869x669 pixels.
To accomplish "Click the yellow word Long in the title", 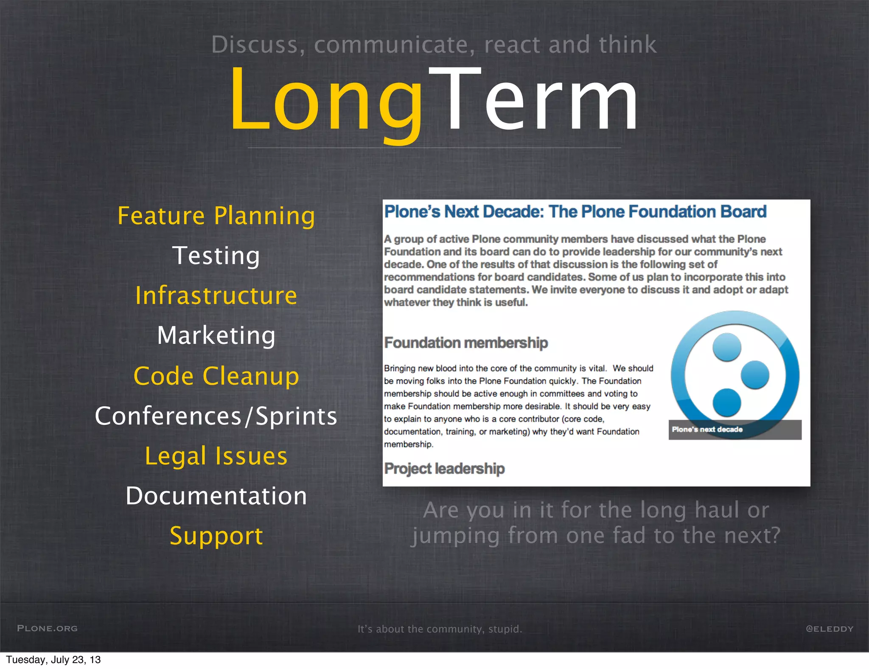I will pyautogui.click(x=327, y=102).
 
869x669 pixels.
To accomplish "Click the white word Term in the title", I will pyautogui.click(x=537, y=102).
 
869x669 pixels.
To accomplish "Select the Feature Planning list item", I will pyautogui.click(x=216, y=216).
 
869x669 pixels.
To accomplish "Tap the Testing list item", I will pyautogui.click(x=216, y=256).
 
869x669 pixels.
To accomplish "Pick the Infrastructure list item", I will pyautogui.click(x=216, y=295).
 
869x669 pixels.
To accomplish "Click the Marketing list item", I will pyautogui.click(x=216, y=335).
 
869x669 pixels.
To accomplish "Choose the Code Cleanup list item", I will pyautogui.click(x=216, y=376).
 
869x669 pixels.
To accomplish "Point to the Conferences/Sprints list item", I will pyautogui.click(x=216, y=416).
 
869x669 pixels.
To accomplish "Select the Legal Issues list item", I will pyautogui.click(x=216, y=456).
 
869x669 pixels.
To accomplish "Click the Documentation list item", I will pyautogui.click(x=216, y=496).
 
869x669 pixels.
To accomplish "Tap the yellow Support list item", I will pyautogui.click(x=216, y=536).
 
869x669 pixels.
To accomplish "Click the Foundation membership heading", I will pyautogui.click(x=466, y=343).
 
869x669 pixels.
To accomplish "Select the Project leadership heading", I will pyautogui.click(x=444, y=469).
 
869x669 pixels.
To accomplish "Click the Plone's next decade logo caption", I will pyautogui.click(x=707, y=430).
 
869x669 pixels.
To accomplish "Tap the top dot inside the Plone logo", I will pyautogui.click(x=727, y=347).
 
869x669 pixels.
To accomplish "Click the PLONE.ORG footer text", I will pyautogui.click(x=48, y=628).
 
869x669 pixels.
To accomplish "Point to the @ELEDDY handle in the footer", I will pyautogui.click(x=830, y=629).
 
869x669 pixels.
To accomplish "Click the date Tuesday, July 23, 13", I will pyautogui.click(x=53, y=660).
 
